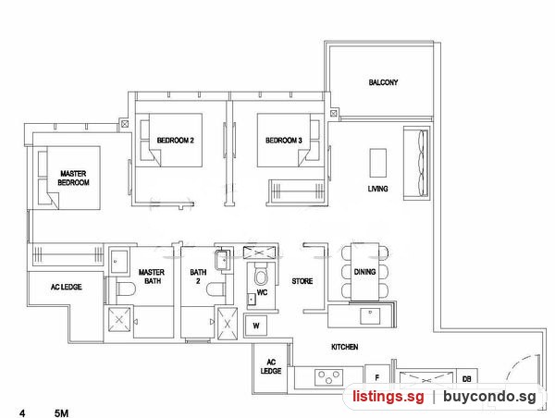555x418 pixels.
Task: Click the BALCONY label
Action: (383, 82)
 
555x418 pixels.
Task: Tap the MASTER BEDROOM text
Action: (73, 178)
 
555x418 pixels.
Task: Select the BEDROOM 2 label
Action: (175, 141)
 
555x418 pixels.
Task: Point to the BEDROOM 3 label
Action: (284, 141)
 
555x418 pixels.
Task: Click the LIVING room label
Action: (377, 189)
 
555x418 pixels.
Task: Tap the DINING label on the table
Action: (364, 272)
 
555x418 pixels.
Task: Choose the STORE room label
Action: (302, 281)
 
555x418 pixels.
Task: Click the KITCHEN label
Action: (344, 347)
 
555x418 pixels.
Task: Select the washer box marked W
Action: (255, 325)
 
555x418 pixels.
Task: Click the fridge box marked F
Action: (377, 376)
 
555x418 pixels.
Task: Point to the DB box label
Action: (467, 379)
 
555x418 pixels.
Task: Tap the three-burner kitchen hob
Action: (328, 377)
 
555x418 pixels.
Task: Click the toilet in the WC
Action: (261, 274)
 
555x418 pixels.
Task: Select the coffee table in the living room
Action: (378, 163)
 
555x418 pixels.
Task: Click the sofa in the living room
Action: (416, 163)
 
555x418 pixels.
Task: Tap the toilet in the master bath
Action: (126, 289)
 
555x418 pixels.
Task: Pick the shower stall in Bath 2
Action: (227, 324)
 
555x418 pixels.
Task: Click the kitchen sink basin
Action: (370, 316)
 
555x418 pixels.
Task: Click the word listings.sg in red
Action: (388, 397)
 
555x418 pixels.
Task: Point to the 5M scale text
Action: (62, 413)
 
